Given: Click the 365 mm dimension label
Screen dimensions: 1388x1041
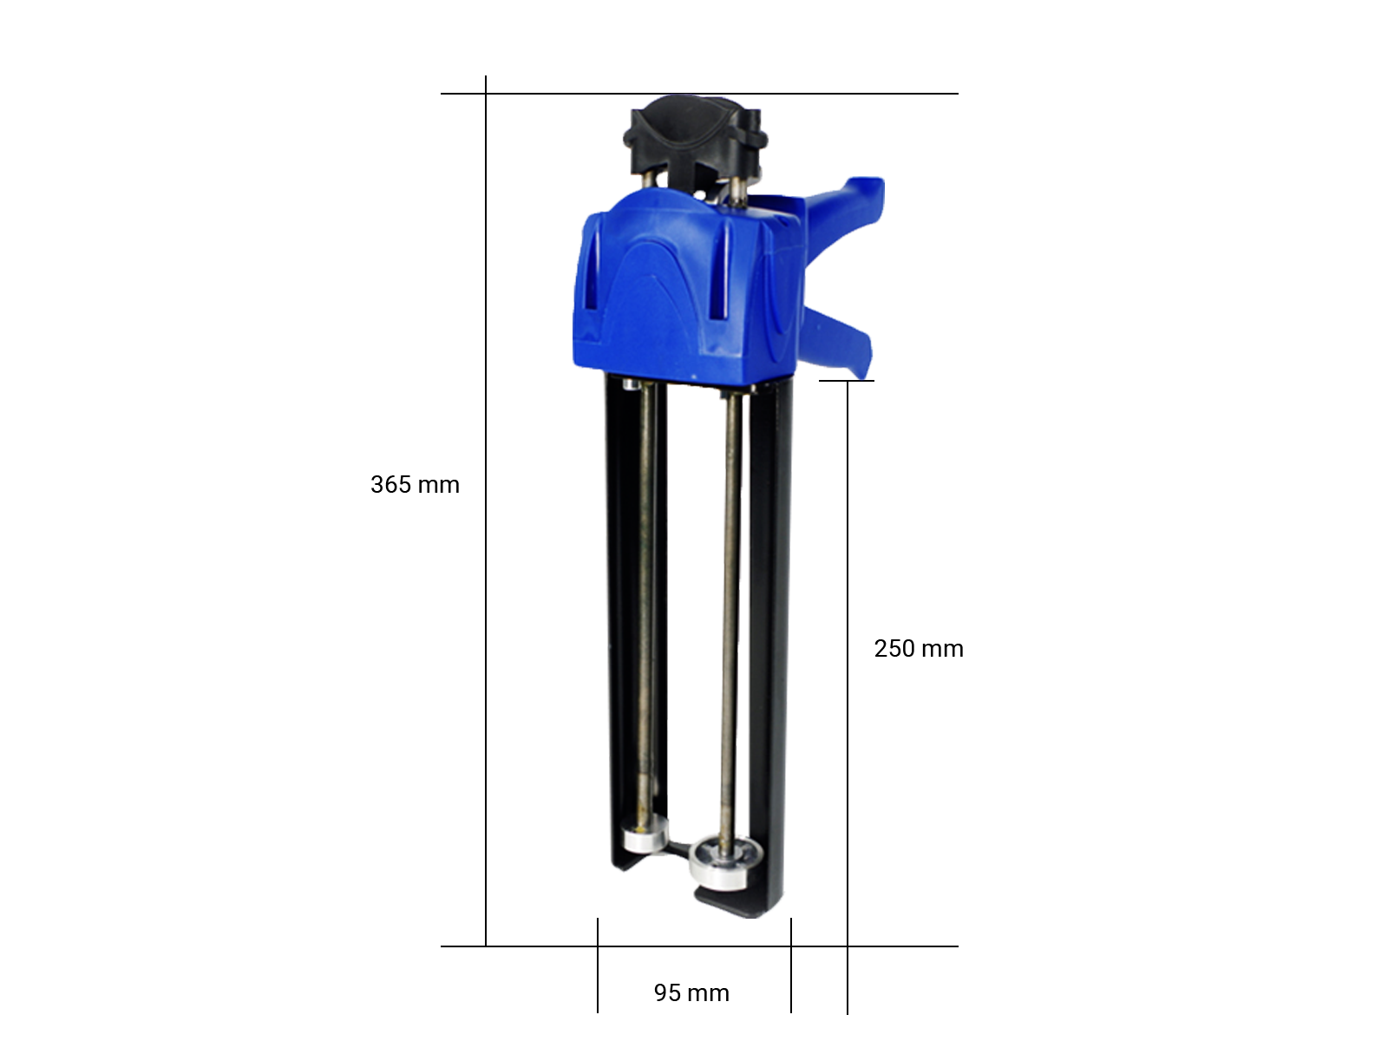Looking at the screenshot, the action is click(415, 485).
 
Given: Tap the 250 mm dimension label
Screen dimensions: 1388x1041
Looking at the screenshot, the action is click(918, 649).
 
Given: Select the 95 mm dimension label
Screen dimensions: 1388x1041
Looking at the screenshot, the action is click(691, 993).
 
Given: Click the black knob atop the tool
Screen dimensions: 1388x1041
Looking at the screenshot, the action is click(695, 137).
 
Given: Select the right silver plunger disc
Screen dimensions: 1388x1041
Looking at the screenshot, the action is click(726, 863).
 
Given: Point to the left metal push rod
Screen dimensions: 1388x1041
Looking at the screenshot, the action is click(645, 600).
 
